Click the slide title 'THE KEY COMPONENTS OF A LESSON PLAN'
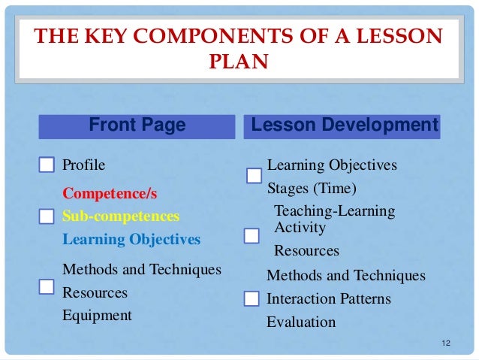(239, 47)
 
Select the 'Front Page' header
(137, 126)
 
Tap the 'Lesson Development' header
(344, 126)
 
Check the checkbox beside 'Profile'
(47, 165)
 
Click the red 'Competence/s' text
(110, 194)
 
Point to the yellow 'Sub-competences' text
(121, 216)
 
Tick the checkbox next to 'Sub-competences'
(47, 217)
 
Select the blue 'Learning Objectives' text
(131, 240)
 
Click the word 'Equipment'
(97, 316)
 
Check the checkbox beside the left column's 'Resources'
(47, 286)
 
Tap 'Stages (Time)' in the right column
(312, 187)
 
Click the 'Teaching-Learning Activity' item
(334, 219)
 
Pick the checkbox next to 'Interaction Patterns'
(252, 300)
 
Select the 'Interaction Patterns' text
(329, 299)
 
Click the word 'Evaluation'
(301, 322)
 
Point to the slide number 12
(446, 343)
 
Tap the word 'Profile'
(84, 165)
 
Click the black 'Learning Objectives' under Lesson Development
(332, 165)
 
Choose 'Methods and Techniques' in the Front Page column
(142, 269)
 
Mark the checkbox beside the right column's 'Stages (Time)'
(254, 176)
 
